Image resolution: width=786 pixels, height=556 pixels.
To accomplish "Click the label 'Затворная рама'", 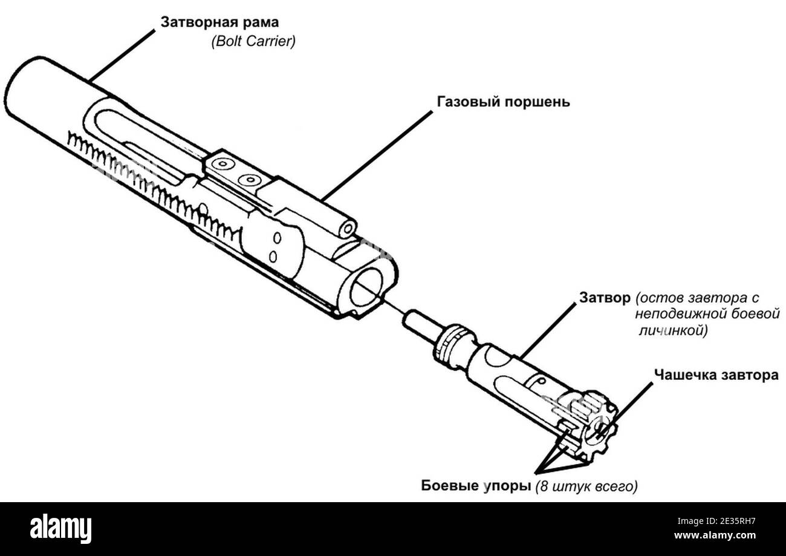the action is tap(219, 22).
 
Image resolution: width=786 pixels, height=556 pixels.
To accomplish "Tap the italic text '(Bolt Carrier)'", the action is tap(253, 41).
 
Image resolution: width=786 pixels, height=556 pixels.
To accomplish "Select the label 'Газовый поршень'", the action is tap(504, 102).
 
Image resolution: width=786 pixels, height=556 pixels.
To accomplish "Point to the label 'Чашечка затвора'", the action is tap(716, 375).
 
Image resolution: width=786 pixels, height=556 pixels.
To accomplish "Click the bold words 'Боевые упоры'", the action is tap(476, 486).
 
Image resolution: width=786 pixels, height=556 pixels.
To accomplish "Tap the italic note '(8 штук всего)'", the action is tap(586, 486).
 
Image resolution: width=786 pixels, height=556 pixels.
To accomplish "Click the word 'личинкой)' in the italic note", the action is tap(673, 331).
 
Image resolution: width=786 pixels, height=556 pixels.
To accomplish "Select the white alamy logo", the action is tap(60, 529).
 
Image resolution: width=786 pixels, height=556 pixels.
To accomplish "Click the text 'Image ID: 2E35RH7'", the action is tap(716, 521).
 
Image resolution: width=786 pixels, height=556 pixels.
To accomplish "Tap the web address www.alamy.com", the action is tap(715, 535).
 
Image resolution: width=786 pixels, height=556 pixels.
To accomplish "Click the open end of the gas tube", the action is tap(348, 229).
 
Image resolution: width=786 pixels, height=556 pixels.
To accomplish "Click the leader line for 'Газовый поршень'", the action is tap(377, 156).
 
